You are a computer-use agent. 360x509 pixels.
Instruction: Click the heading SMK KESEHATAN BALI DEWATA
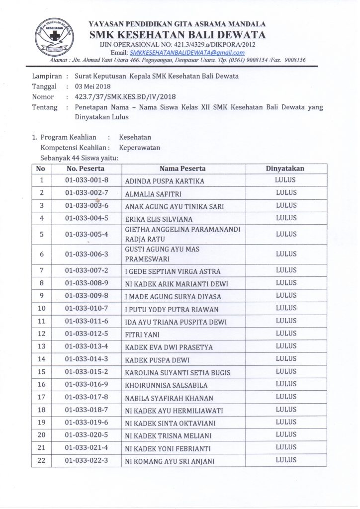click(x=177, y=35)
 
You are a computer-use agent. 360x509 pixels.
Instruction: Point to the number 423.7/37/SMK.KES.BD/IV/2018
click(x=124, y=96)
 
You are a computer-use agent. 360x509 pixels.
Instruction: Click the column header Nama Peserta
click(x=182, y=169)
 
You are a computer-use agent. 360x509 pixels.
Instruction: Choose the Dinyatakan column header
click(x=285, y=169)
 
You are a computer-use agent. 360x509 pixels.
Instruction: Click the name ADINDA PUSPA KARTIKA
click(x=165, y=181)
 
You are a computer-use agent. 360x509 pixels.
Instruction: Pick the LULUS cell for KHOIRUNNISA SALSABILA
click(x=286, y=384)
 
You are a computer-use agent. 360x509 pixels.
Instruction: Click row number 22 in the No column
click(x=41, y=461)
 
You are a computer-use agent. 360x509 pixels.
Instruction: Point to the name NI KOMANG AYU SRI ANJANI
click(x=170, y=461)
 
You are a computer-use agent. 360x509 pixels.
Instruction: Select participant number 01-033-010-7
click(x=87, y=309)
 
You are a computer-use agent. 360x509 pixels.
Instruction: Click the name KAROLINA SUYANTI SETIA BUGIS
click(x=178, y=372)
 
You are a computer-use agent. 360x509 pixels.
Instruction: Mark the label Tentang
click(x=45, y=107)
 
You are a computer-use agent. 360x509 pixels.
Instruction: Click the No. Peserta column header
click(x=85, y=169)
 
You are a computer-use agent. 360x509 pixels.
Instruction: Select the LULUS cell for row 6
click(x=286, y=254)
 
